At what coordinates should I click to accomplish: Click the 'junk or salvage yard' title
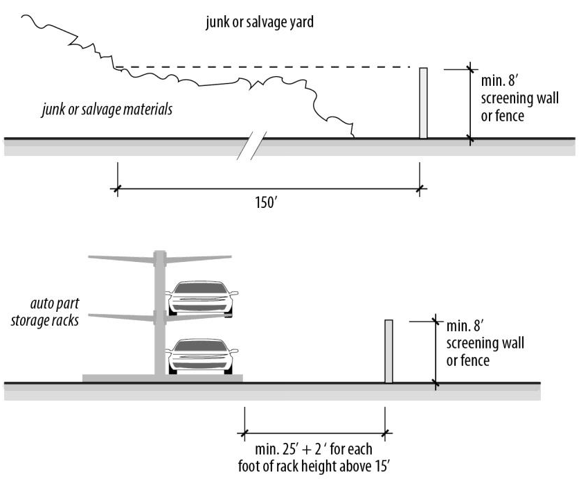(x=260, y=23)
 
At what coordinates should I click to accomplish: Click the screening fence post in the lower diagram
(x=388, y=351)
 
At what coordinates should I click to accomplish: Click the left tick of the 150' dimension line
(x=118, y=187)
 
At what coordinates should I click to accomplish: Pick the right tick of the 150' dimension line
(x=418, y=187)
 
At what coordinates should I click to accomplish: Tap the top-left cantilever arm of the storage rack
(x=121, y=259)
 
